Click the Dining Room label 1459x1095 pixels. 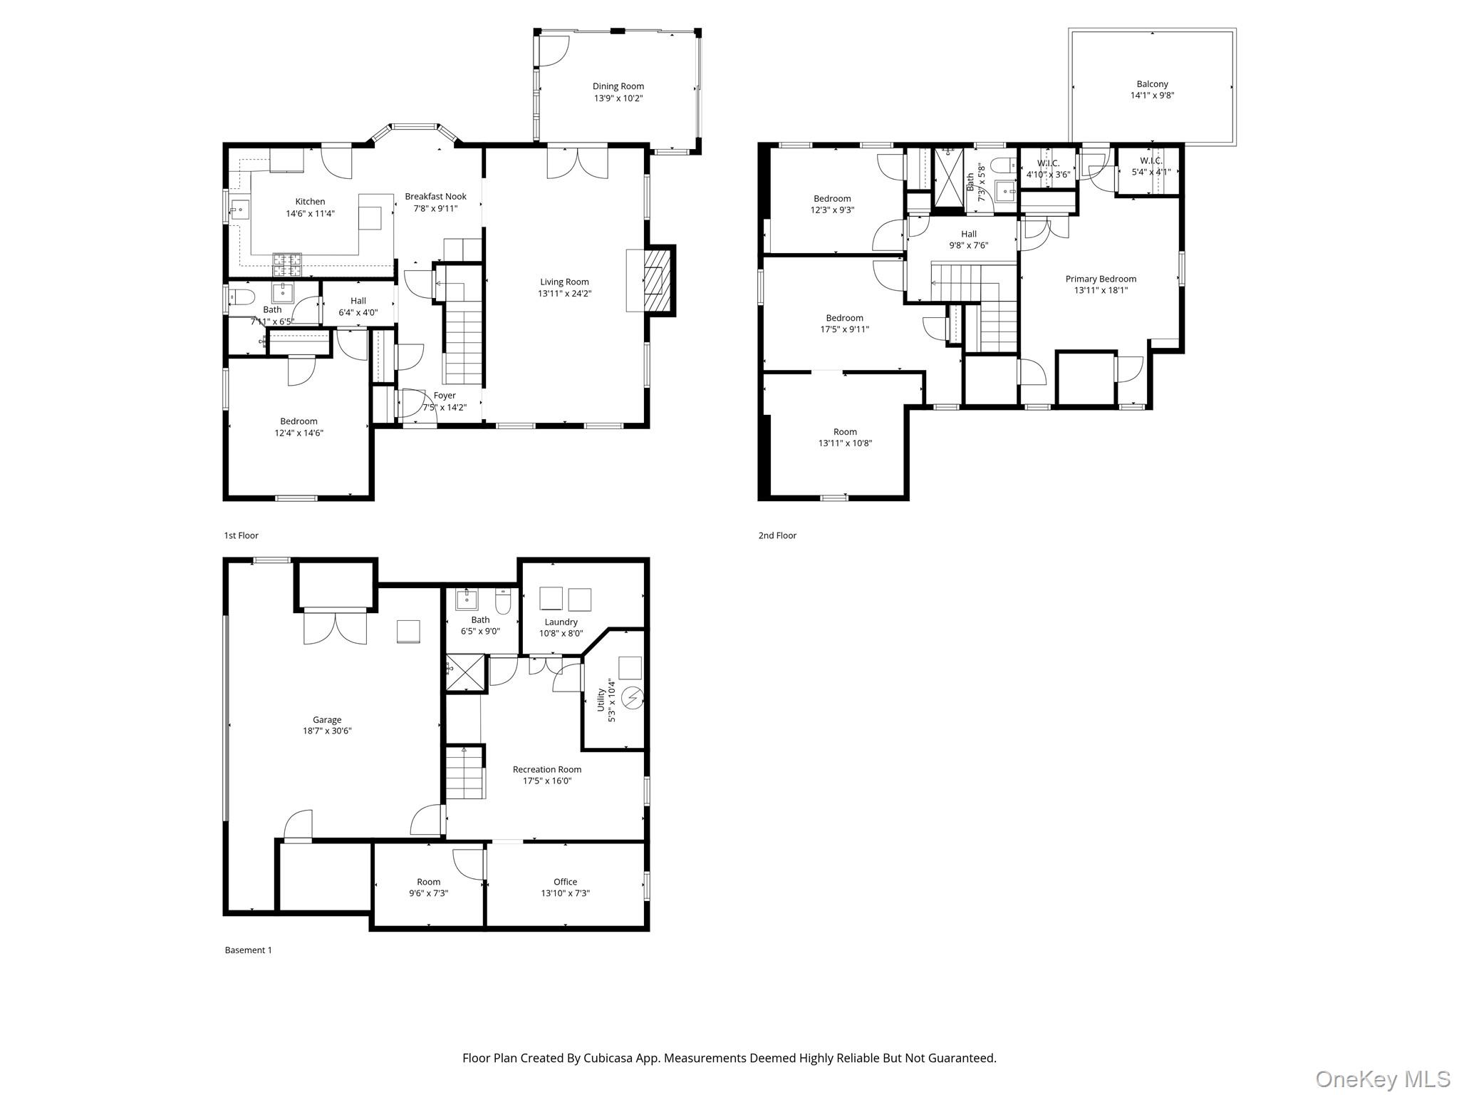click(618, 86)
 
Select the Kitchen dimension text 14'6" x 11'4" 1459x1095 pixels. click(310, 213)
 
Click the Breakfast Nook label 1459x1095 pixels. click(435, 197)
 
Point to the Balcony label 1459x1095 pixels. click(1152, 84)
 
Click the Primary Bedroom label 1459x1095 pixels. click(1101, 279)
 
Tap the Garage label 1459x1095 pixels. click(327, 719)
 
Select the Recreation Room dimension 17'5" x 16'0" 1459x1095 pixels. click(546, 781)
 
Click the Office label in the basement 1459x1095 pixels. click(565, 882)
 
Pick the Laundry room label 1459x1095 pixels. click(561, 622)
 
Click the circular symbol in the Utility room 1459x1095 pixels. click(632, 699)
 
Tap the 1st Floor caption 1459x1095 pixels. click(241, 535)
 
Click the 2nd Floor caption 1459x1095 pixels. click(777, 535)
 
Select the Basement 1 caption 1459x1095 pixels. click(248, 950)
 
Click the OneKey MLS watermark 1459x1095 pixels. click(1382, 1079)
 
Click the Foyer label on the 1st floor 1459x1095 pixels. click(445, 396)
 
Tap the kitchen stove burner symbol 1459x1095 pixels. click(287, 264)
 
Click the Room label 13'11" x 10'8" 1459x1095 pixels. click(845, 432)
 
